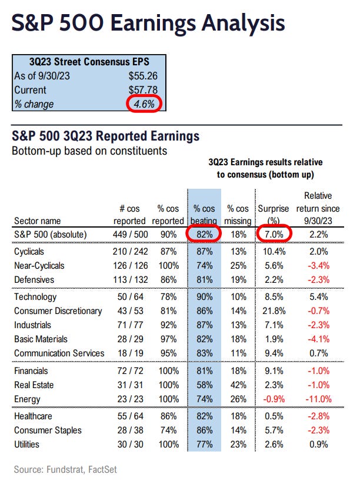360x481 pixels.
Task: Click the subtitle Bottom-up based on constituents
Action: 89,151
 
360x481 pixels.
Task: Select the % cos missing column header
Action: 239,215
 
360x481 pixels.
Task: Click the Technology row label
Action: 35,297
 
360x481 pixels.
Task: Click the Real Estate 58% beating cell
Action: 204,385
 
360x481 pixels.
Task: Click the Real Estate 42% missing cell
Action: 239,385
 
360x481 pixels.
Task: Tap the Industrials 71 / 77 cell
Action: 129,325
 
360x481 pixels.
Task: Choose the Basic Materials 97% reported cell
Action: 168,339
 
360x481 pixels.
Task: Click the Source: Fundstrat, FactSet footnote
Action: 65,469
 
